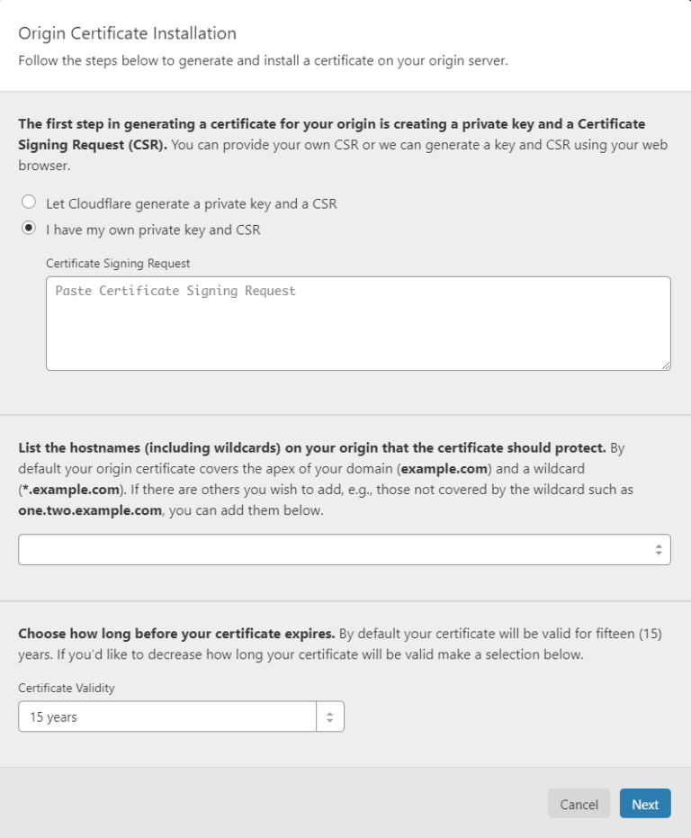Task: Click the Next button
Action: coord(645,804)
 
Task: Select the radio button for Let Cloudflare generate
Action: coord(29,203)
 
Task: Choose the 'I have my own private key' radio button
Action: coord(29,229)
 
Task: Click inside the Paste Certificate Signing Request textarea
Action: coord(358,323)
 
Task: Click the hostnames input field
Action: coord(333,549)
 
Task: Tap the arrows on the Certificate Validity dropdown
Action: coord(330,717)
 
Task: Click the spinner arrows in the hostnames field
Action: coord(659,549)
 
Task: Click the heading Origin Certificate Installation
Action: coord(127,34)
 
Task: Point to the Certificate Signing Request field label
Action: coord(118,263)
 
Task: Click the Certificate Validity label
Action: coord(67,688)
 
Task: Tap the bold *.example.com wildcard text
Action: coord(68,490)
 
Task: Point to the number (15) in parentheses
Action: coord(650,634)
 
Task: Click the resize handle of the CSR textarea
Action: coord(665,365)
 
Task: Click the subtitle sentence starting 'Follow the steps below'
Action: coord(263,61)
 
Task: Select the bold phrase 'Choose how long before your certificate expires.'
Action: coord(176,634)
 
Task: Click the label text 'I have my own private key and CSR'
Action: coord(153,230)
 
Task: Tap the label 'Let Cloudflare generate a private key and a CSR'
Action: coord(192,203)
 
